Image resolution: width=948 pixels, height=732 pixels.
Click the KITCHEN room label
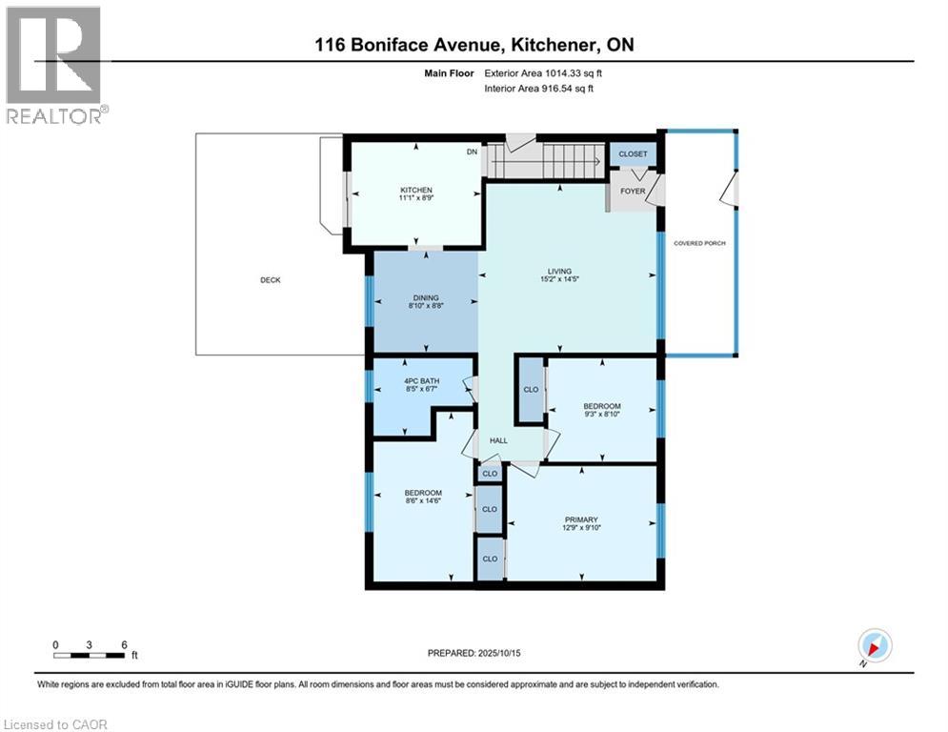coord(416,190)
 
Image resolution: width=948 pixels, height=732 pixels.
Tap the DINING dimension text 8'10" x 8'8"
coord(426,306)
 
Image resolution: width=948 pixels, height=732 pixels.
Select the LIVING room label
coord(559,272)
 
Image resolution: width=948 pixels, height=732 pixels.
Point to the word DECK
coord(271,280)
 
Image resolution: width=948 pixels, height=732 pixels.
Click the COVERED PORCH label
coord(699,243)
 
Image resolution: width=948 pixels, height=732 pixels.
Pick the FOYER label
coord(633,192)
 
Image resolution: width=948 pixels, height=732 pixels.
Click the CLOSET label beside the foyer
coord(633,154)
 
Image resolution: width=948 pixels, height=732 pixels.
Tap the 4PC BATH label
coord(421,381)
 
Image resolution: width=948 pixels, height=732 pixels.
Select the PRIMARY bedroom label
coord(581,519)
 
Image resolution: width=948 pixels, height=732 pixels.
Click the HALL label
coord(498,440)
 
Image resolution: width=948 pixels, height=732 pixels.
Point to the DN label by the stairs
coord(472,152)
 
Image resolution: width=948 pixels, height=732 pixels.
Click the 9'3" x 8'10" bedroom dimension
coord(602,415)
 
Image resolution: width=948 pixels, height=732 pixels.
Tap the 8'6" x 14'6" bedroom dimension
coord(423,501)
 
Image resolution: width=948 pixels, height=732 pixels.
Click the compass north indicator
coord(875,645)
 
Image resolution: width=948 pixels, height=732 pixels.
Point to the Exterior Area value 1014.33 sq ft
coord(574,73)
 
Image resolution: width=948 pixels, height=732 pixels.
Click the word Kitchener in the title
coord(550,45)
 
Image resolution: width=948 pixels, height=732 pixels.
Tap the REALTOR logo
coord(55,66)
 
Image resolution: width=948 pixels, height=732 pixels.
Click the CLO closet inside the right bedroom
coord(531,390)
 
